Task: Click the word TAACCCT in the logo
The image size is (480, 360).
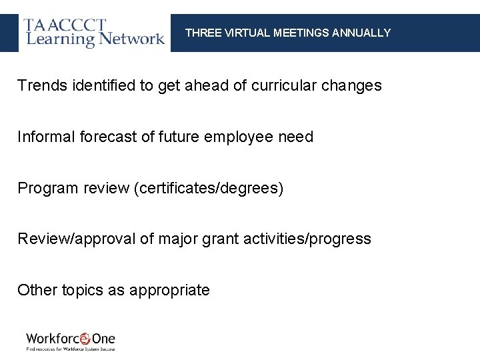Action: (x=65, y=25)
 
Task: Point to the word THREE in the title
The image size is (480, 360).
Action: (x=199, y=33)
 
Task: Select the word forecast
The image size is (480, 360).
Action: (x=107, y=137)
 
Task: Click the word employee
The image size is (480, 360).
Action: (x=238, y=137)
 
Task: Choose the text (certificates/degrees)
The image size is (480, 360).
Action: (x=209, y=189)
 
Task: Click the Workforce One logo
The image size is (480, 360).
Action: (x=71, y=341)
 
